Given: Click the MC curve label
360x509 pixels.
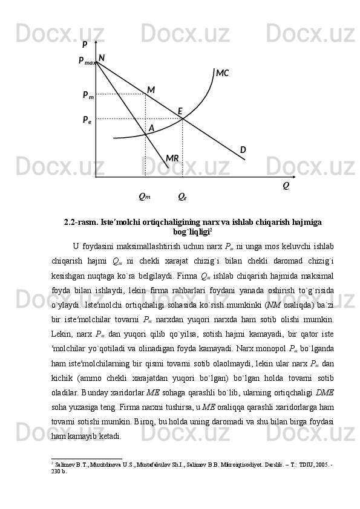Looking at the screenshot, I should click(x=223, y=74).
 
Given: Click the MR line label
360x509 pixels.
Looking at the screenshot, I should click(x=172, y=158).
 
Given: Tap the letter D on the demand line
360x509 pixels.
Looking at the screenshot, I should click(x=243, y=150).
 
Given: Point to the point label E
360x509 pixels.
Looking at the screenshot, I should click(x=180, y=111).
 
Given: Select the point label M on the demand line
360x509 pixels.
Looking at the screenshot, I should click(x=151, y=90).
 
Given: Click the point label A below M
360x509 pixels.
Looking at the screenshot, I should click(x=151, y=128).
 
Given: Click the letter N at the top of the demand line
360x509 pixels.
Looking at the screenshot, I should click(x=101, y=58).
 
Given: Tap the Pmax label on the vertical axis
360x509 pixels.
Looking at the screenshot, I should click(x=87, y=61).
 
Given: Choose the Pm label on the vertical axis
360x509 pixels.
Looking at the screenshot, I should click(x=88, y=96).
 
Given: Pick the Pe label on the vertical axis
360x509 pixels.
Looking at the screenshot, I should click(x=87, y=120).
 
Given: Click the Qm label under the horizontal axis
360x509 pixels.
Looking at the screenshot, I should click(x=145, y=196).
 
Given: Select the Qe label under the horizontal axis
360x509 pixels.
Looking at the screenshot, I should click(x=182, y=196).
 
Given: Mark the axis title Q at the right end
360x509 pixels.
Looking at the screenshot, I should click(x=286, y=186).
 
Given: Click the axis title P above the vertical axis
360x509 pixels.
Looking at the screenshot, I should click(x=85, y=44).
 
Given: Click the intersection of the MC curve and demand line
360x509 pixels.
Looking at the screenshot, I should click(x=183, y=118).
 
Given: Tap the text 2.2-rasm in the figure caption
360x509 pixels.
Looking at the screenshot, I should click(x=81, y=222).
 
